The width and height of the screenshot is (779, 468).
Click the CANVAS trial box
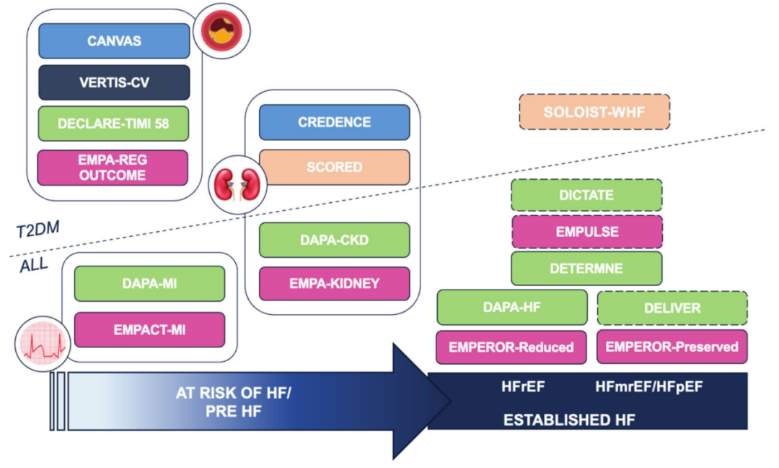[x=114, y=41]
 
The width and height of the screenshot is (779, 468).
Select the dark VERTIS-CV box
[x=114, y=83]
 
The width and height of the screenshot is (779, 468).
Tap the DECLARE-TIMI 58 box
[x=113, y=125]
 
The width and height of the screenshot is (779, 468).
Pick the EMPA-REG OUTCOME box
[x=113, y=168]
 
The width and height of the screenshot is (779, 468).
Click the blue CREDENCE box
[x=334, y=123]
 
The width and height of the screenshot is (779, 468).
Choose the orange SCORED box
[x=334, y=167]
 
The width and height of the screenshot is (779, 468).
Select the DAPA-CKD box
[x=334, y=240]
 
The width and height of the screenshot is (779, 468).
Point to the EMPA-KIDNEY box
[x=334, y=284]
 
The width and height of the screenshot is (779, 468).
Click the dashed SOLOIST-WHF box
[x=594, y=112]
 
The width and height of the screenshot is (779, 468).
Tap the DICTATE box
[x=586, y=195]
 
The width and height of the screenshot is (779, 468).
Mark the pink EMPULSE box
[x=586, y=233]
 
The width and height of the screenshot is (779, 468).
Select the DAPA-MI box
[x=149, y=285]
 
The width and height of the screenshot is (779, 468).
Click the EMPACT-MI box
[x=149, y=329]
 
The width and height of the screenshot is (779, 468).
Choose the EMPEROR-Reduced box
[x=511, y=347]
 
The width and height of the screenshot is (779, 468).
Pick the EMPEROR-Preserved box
[x=672, y=347]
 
